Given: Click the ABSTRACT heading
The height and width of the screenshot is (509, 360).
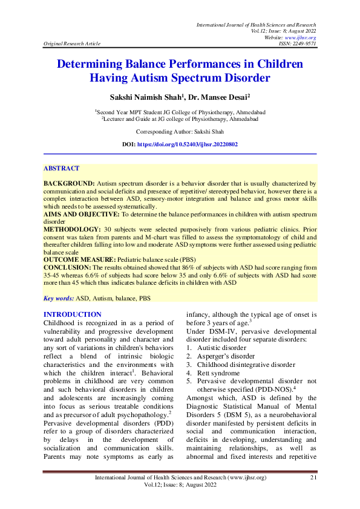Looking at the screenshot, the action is [61, 168].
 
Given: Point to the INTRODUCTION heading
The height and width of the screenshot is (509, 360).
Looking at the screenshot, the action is [73, 314].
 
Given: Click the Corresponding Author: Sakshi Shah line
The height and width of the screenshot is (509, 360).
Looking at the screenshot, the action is [180, 131].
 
